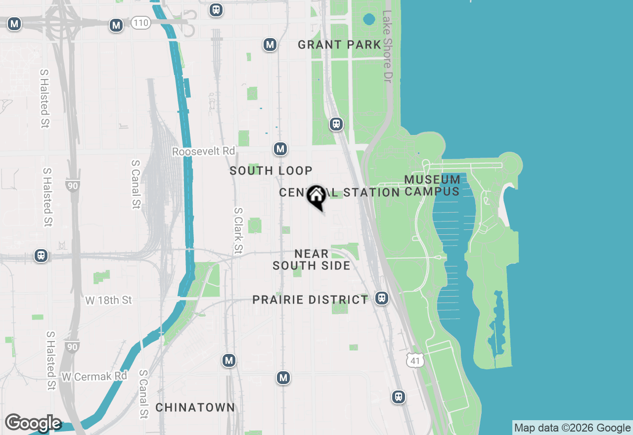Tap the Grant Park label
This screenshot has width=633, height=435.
[340, 45]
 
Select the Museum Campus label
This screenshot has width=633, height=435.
[432, 185]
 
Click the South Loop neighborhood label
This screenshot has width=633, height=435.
[271, 171]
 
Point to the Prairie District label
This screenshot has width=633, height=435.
[310, 300]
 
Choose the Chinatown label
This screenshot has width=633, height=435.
[195, 408]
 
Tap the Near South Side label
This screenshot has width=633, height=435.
[312, 260]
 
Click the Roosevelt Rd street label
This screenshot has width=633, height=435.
[203, 151]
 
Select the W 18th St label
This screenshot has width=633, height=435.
[109, 300]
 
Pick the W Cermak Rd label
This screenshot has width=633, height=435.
[94, 376]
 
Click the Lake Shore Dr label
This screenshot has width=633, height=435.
[387, 47]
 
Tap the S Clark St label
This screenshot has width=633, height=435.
[238, 230]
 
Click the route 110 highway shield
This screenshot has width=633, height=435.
[141, 23]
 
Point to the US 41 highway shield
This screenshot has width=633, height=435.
[415, 360]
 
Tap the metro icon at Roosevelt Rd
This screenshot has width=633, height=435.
[280, 149]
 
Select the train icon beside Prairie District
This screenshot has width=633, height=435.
[381, 298]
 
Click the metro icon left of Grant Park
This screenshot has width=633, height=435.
[270, 45]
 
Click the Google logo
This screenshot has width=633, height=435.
[33, 423]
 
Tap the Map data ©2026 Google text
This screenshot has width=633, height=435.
[572, 428]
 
